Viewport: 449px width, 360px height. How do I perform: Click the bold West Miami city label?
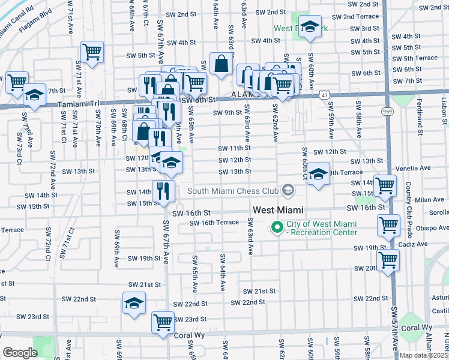tap(277, 210)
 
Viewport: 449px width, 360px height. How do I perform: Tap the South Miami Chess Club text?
tap(233, 191)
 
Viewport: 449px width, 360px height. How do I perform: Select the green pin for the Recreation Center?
tap(277, 227)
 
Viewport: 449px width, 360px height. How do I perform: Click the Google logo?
tap(20, 352)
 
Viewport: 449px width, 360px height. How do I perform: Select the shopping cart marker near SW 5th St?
tap(92, 52)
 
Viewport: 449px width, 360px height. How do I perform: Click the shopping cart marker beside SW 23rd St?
tap(163, 322)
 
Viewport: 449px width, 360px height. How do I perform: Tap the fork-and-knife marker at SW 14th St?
tap(163, 191)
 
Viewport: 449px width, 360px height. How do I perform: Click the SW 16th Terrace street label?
tap(214, 223)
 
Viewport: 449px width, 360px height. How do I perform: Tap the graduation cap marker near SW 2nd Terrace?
tap(310, 27)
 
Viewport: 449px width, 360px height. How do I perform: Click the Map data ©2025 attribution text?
tap(424, 355)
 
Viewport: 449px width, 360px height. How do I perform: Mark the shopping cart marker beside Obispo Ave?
tap(388, 226)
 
